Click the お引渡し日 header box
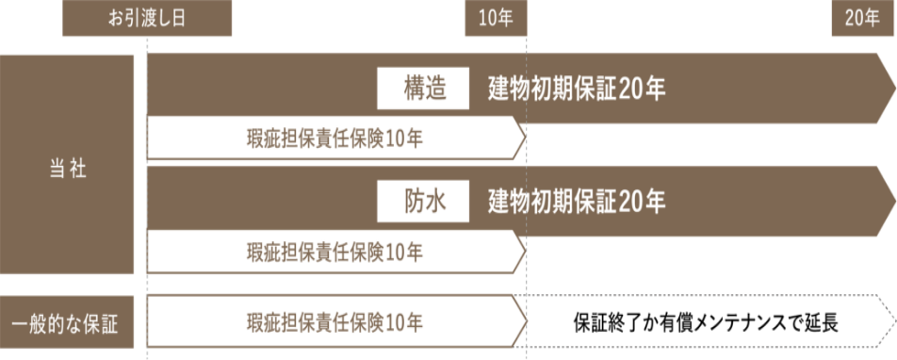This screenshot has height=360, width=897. pos(147,19)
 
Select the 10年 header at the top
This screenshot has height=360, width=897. pos(496,19)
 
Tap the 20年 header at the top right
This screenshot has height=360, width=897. pos(862,19)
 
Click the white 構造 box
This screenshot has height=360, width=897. pos(423,90)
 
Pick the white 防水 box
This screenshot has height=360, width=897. pos(423,201)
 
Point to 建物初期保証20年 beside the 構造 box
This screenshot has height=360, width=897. pos(578,90)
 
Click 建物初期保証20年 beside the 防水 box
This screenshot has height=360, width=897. pos(578,201)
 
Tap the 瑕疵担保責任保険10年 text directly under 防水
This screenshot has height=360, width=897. pos(334,252)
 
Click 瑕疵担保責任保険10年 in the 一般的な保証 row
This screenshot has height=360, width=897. pos(334,321)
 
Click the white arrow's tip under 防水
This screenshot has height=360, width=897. pos(522,252)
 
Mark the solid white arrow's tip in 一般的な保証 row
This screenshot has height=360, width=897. pos(522,321)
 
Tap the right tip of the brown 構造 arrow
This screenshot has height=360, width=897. pos(891,89)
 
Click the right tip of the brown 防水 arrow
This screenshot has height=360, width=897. pos(891,201)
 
